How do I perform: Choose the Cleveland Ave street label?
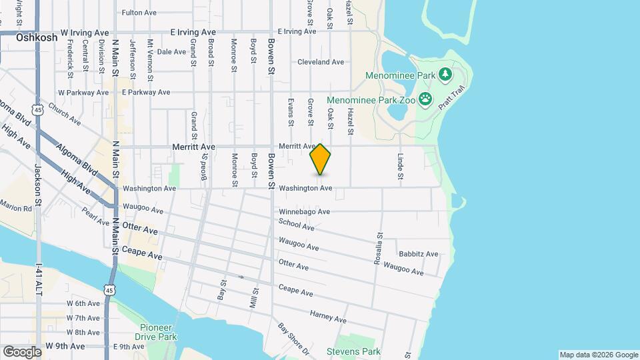tap(321, 62)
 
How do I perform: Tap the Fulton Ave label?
tap(139, 13)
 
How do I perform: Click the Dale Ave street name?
tap(171, 51)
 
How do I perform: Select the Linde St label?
tap(401, 167)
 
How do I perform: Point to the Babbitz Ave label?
tap(418, 254)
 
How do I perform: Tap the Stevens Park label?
tap(353, 351)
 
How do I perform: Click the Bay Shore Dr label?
tap(293, 338)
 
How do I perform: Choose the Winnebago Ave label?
tap(305, 212)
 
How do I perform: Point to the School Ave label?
tap(297, 225)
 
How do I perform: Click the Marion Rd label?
tap(16, 208)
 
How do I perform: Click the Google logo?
tap(22, 351)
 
